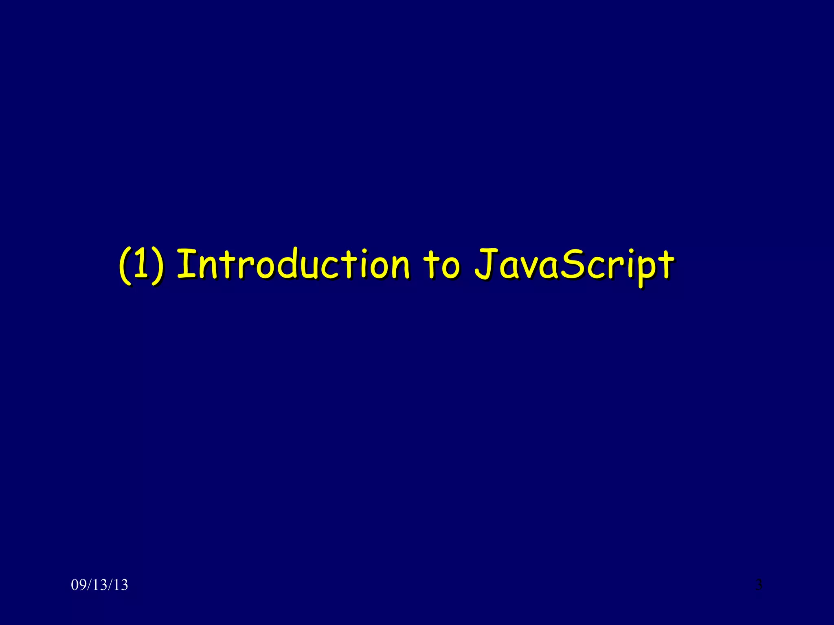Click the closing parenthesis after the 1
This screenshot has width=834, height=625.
click(159, 267)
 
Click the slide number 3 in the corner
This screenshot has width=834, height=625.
click(759, 585)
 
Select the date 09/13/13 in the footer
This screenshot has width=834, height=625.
click(99, 585)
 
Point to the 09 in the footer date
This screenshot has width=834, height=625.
click(78, 585)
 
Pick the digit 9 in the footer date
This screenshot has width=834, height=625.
click(81, 585)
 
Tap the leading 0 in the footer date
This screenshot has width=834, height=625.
click(75, 585)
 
